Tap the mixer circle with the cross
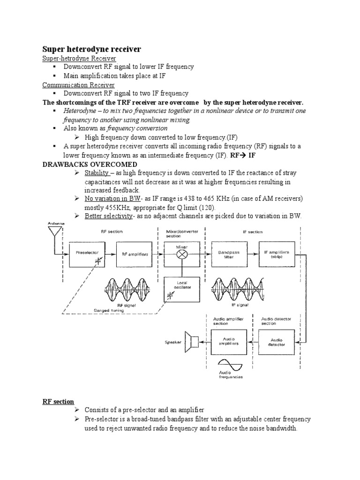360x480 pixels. pos(181,254)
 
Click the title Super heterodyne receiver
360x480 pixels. pos(91,49)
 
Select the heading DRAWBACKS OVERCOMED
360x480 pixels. pos(90,164)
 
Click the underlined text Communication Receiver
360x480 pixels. pos(78,85)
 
